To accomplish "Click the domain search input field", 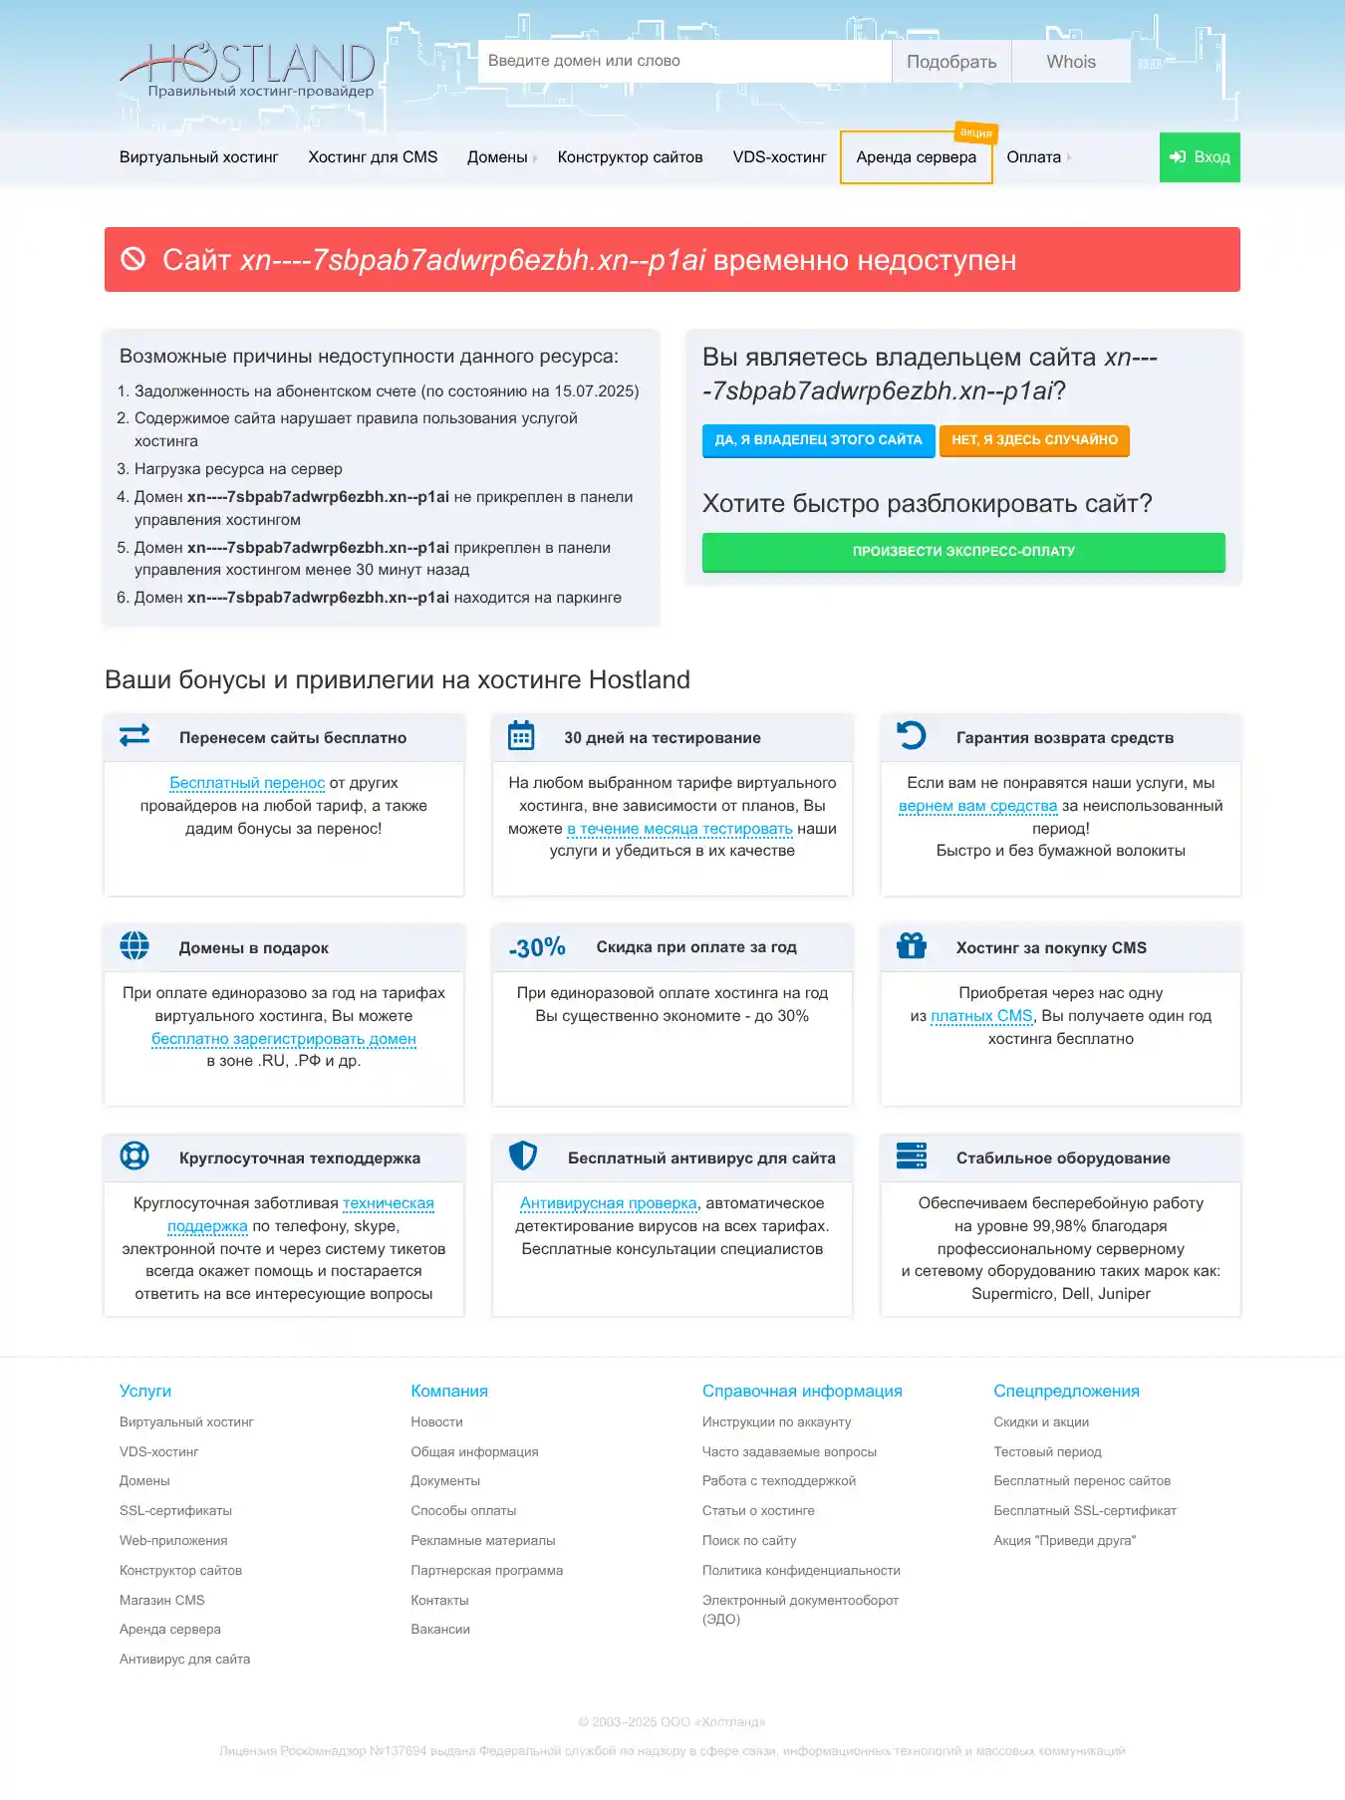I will click(683, 61).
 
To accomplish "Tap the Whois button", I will click(1070, 62).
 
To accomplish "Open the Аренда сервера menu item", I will click(916, 157).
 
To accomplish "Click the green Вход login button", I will click(1200, 157).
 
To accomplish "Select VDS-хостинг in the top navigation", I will click(779, 157).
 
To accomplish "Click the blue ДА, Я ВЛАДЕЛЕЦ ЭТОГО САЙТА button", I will click(818, 440).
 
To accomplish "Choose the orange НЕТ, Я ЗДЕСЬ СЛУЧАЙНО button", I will click(1034, 440).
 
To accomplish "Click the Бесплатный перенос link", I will click(247, 783).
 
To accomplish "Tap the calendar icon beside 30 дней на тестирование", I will click(521, 736).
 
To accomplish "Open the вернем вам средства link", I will click(977, 806).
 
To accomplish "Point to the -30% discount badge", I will click(537, 947).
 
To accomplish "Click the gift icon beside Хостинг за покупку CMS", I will click(912, 945).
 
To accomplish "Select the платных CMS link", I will click(981, 1016).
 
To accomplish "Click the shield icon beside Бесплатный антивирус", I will click(523, 1156).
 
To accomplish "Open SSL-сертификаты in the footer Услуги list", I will click(175, 1511).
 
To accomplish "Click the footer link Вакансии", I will click(440, 1630).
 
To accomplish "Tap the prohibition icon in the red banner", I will click(134, 259).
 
